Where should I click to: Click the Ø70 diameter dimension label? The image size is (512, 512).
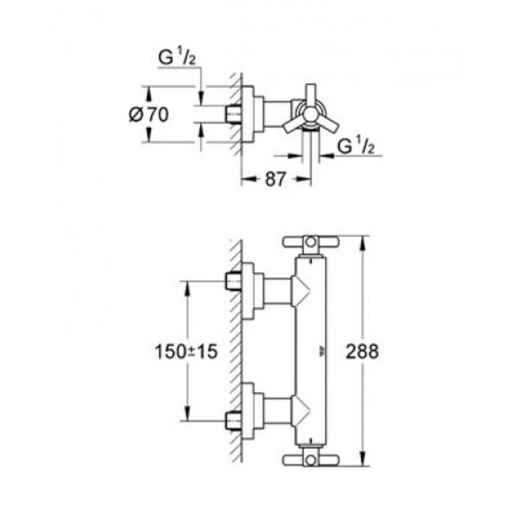pyautogui.click(x=149, y=115)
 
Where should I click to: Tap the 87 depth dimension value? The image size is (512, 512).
pyautogui.click(x=275, y=179)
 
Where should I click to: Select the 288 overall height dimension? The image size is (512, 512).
pyautogui.click(x=362, y=351)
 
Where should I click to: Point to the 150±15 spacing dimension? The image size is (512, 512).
pyautogui.click(x=186, y=351)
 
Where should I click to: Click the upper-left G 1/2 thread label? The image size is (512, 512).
pyautogui.click(x=177, y=58)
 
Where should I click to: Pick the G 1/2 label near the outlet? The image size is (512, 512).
pyautogui.click(x=356, y=146)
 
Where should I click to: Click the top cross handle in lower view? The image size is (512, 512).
pyautogui.click(x=311, y=242)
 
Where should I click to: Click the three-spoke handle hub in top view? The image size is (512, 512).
pyautogui.click(x=310, y=115)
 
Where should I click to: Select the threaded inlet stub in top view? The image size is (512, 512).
pyautogui.click(x=234, y=115)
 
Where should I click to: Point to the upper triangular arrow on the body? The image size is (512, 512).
pyautogui.click(x=300, y=291)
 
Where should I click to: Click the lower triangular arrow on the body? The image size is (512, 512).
pyautogui.click(x=300, y=411)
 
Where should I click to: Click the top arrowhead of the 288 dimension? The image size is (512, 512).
pyautogui.click(x=362, y=243)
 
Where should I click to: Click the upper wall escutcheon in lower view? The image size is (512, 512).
pyautogui.click(x=252, y=291)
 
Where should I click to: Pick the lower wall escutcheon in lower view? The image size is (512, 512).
pyautogui.click(x=252, y=411)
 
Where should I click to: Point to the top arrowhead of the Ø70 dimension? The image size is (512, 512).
pyautogui.click(x=149, y=93)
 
